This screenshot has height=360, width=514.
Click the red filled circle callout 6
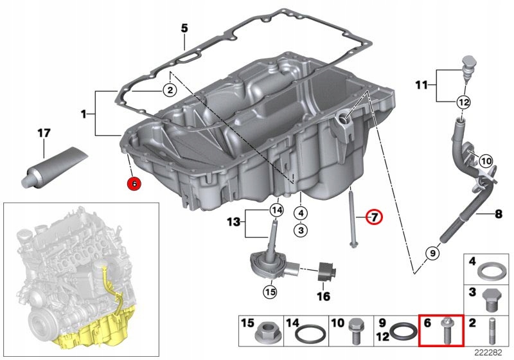[134, 183]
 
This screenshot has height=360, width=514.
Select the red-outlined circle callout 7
[373, 217]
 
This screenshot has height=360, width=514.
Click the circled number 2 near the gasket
[169, 91]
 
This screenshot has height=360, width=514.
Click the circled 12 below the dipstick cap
[463, 102]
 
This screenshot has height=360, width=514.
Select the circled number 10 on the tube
[486, 160]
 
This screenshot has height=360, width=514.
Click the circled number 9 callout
[432, 254]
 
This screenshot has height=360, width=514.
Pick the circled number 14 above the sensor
[276, 210]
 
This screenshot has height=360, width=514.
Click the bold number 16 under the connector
[323, 296]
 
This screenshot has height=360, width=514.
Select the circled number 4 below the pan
[301, 213]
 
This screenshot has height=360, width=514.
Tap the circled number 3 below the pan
[301, 228]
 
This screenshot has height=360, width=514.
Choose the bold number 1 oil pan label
[84, 114]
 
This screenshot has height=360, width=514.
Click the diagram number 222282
[488, 352]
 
